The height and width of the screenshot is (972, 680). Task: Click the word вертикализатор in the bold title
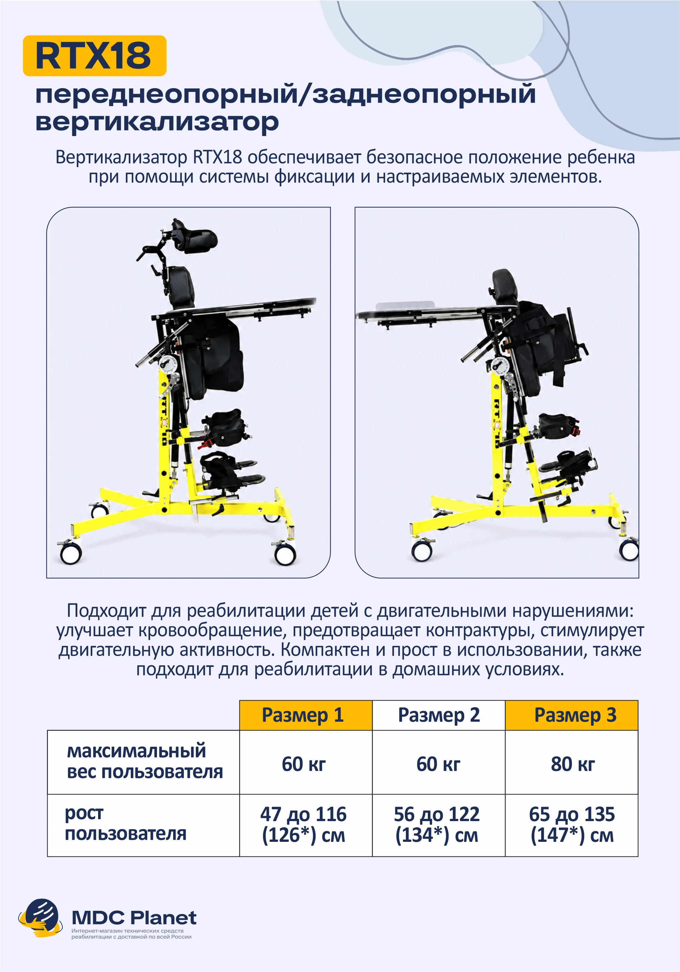pos(157,122)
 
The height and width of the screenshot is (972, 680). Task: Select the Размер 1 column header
pos(306,715)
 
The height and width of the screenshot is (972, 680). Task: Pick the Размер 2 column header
pos(439,715)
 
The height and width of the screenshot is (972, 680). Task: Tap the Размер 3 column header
pos(572,715)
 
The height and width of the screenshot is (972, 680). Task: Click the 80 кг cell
pos(573,764)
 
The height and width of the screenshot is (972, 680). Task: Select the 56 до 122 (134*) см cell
pos(437,824)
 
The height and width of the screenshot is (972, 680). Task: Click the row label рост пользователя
pos(126,823)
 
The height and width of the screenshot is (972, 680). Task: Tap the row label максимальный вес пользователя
pos(145,761)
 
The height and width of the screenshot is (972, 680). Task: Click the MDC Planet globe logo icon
pos(40,918)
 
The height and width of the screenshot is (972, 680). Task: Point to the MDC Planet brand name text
pos(134,917)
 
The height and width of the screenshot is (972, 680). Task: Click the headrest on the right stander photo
pos(505,286)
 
